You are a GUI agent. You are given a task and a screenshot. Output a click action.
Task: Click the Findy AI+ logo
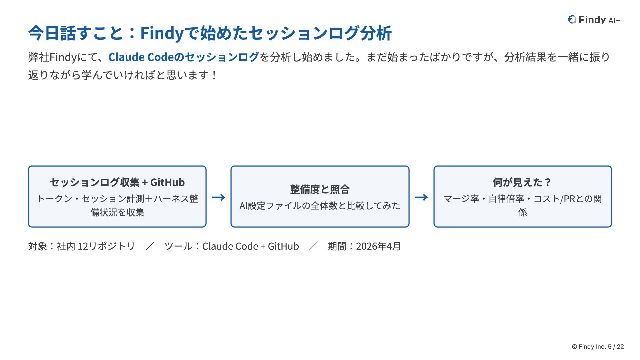tap(594, 20)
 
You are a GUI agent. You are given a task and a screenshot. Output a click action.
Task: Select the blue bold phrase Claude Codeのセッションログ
tap(183, 57)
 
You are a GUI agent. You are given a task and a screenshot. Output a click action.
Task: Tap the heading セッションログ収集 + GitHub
tap(117, 182)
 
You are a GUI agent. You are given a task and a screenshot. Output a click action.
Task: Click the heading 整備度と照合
tap(320, 189)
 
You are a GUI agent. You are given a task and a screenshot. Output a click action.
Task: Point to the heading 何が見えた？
tap(522, 182)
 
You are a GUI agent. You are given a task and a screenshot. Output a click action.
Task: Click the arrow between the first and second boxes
tap(219, 197)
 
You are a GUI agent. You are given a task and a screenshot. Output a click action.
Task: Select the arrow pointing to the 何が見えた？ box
tap(421, 197)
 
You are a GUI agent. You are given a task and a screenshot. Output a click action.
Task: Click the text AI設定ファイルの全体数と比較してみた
tap(320, 206)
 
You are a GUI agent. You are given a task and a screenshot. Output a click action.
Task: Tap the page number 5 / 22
tap(616, 347)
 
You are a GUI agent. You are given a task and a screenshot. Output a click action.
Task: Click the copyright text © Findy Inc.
tap(589, 347)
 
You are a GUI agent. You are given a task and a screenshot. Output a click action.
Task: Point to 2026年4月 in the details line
tap(378, 246)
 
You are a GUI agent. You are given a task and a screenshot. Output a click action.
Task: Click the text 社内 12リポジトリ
tap(96, 246)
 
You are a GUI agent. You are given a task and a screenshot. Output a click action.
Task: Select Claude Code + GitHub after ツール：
tap(251, 246)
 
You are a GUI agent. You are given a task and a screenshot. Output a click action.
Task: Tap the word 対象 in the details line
tap(37, 246)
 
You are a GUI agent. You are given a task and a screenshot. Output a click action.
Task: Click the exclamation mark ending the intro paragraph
tap(214, 75)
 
